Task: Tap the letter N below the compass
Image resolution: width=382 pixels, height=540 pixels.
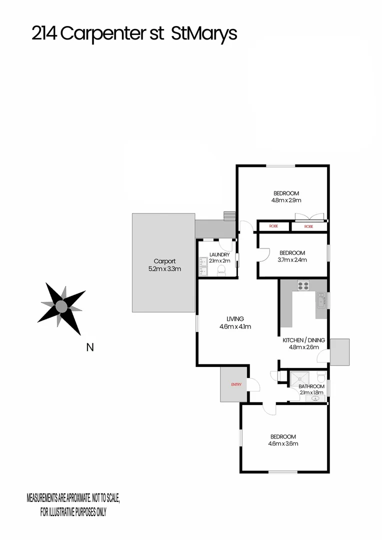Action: click(90, 347)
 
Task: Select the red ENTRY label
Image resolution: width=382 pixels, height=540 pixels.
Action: click(236, 384)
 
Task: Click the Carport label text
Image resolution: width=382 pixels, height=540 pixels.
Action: click(164, 261)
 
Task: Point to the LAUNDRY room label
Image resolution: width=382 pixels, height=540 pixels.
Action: click(219, 254)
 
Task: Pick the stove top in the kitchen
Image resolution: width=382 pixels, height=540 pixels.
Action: click(303, 286)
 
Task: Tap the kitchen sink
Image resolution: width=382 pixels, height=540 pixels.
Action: click(320, 301)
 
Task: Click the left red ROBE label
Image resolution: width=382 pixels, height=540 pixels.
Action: click(273, 226)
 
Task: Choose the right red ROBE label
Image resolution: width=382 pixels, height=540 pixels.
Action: click(309, 226)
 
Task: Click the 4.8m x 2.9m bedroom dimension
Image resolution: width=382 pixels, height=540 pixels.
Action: click(286, 200)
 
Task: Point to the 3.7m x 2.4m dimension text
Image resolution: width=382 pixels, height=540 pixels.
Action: click(292, 259)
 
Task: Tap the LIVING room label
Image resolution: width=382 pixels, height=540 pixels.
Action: click(235, 319)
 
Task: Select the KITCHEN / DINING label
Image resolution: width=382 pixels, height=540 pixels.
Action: click(304, 340)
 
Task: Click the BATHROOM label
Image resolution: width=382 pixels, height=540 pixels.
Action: click(311, 386)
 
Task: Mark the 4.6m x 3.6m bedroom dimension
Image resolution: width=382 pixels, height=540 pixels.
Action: click(283, 443)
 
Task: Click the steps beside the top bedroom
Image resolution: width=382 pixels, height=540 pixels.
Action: click(229, 215)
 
